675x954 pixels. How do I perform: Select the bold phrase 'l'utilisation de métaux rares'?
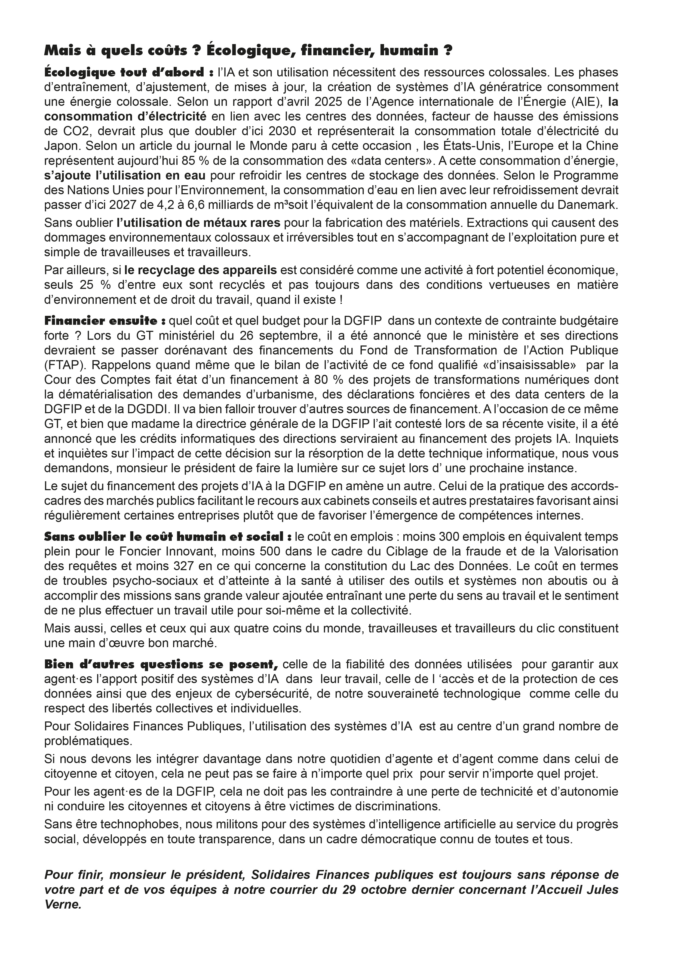point(199,223)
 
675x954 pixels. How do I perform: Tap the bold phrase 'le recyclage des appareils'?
point(200,270)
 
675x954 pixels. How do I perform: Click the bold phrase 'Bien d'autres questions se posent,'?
point(161,664)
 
